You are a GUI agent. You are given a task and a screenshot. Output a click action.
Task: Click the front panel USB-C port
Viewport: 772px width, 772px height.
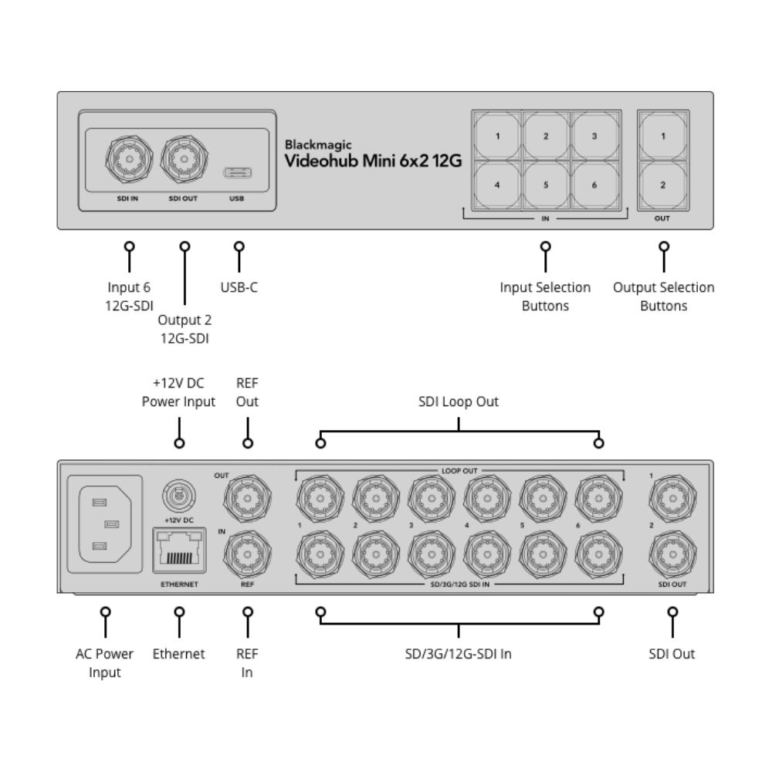click(x=236, y=172)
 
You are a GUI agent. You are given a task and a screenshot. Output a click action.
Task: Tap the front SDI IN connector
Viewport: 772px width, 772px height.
click(x=124, y=159)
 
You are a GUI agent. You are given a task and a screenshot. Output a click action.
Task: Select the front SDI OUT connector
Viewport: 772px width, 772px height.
click(x=184, y=159)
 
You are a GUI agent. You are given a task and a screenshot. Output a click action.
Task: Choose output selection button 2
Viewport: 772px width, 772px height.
click(x=662, y=185)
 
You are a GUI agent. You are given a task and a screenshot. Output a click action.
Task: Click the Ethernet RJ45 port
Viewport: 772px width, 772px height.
click(x=179, y=550)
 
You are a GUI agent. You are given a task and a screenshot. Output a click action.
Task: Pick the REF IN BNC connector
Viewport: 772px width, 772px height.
click(x=247, y=552)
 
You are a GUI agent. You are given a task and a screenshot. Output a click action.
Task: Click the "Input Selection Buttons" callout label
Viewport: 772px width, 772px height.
click(x=545, y=296)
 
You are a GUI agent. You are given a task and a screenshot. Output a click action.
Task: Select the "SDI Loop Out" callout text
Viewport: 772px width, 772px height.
click(x=459, y=401)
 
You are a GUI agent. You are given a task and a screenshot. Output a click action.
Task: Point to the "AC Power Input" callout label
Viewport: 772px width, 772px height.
click(x=105, y=663)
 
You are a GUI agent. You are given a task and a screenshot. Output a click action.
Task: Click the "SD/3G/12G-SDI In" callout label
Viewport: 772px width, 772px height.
click(x=459, y=654)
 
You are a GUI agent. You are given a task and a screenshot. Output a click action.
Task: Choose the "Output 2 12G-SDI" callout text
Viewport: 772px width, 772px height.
click(x=185, y=329)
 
